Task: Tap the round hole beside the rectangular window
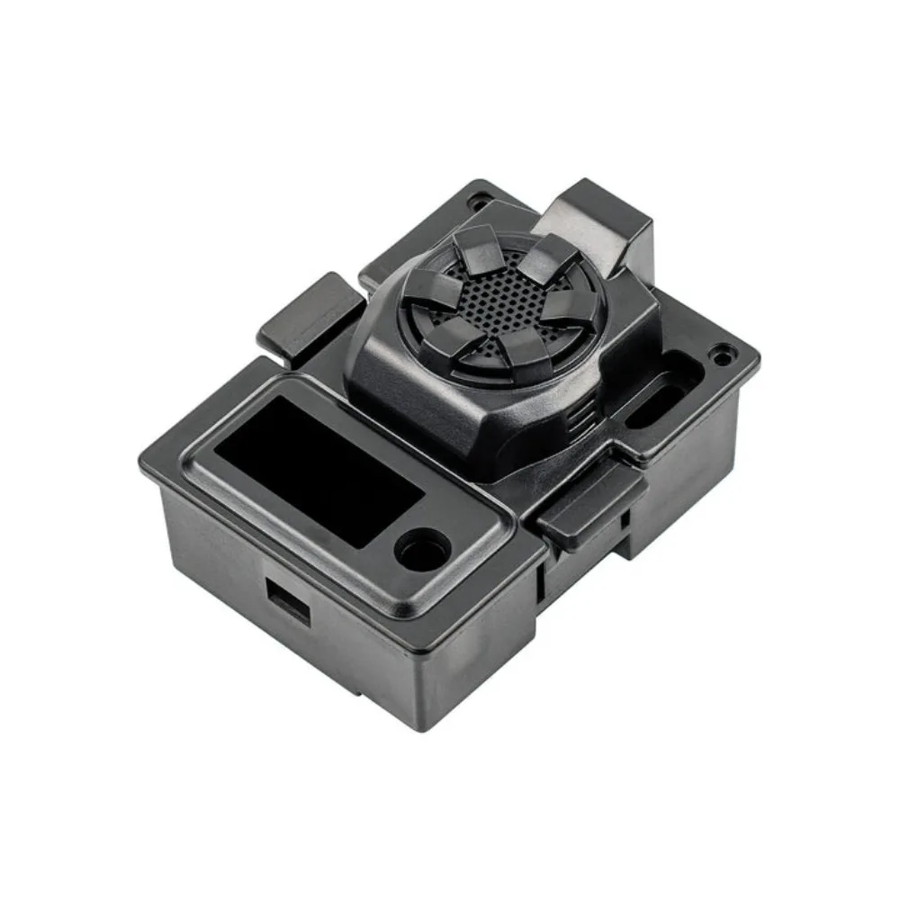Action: point(422,546)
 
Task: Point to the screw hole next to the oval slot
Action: point(721,354)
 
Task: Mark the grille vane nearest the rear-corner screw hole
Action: point(475,247)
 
